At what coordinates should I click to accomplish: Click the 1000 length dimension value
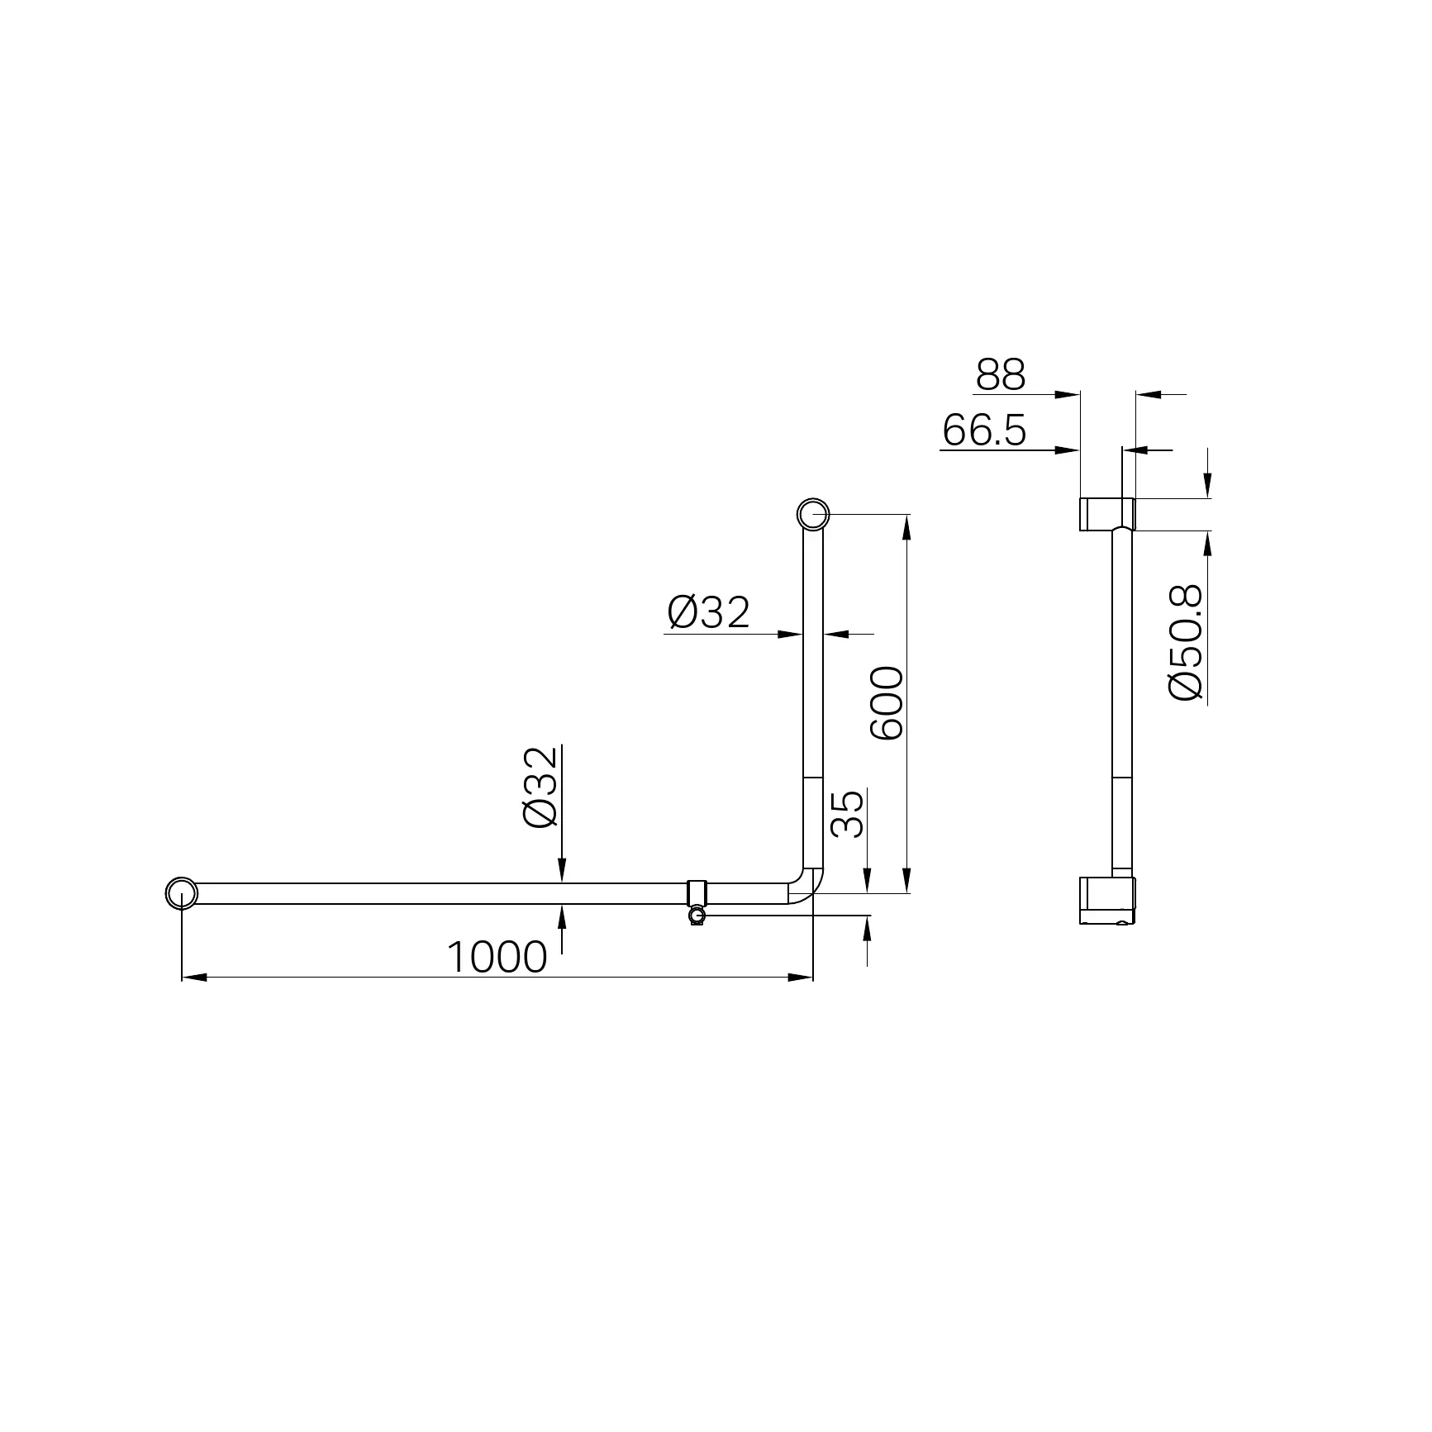pyautogui.click(x=497, y=958)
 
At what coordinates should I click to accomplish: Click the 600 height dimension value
pyautogui.click(x=887, y=703)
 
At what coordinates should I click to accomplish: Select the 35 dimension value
pyautogui.click(x=847, y=814)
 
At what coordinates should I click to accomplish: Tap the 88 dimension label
pyautogui.click(x=1000, y=375)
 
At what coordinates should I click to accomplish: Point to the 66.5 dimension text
pyautogui.click(x=983, y=431)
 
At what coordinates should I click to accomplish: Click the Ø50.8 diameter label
pyautogui.click(x=1185, y=642)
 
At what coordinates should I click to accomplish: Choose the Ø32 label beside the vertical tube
pyautogui.click(x=708, y=612)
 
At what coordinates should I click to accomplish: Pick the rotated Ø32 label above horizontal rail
pyautogui.click(x=541, y=787)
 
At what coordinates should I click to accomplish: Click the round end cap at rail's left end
pyautogui.click(x=182, y=893)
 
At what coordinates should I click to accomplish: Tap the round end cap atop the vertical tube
pyautogui.click(x=813, y=514)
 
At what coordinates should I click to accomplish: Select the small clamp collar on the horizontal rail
pyautogui.click(x=698, y=893)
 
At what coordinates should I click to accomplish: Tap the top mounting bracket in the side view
pyautogui.click(x=1106, y=513)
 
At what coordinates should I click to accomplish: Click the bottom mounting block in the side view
pyautogui.click(x=1107, y=901)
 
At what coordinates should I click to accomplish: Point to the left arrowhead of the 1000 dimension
pyautogui.click(x=193, y=978)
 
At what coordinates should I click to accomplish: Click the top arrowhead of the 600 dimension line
pyautogui.click(x=907, y=526)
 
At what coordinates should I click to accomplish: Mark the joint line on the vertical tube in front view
pyautogui.click(x=813, y=777)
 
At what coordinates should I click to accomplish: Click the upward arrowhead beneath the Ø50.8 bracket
pyautogui.click(x=1207, y=542)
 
